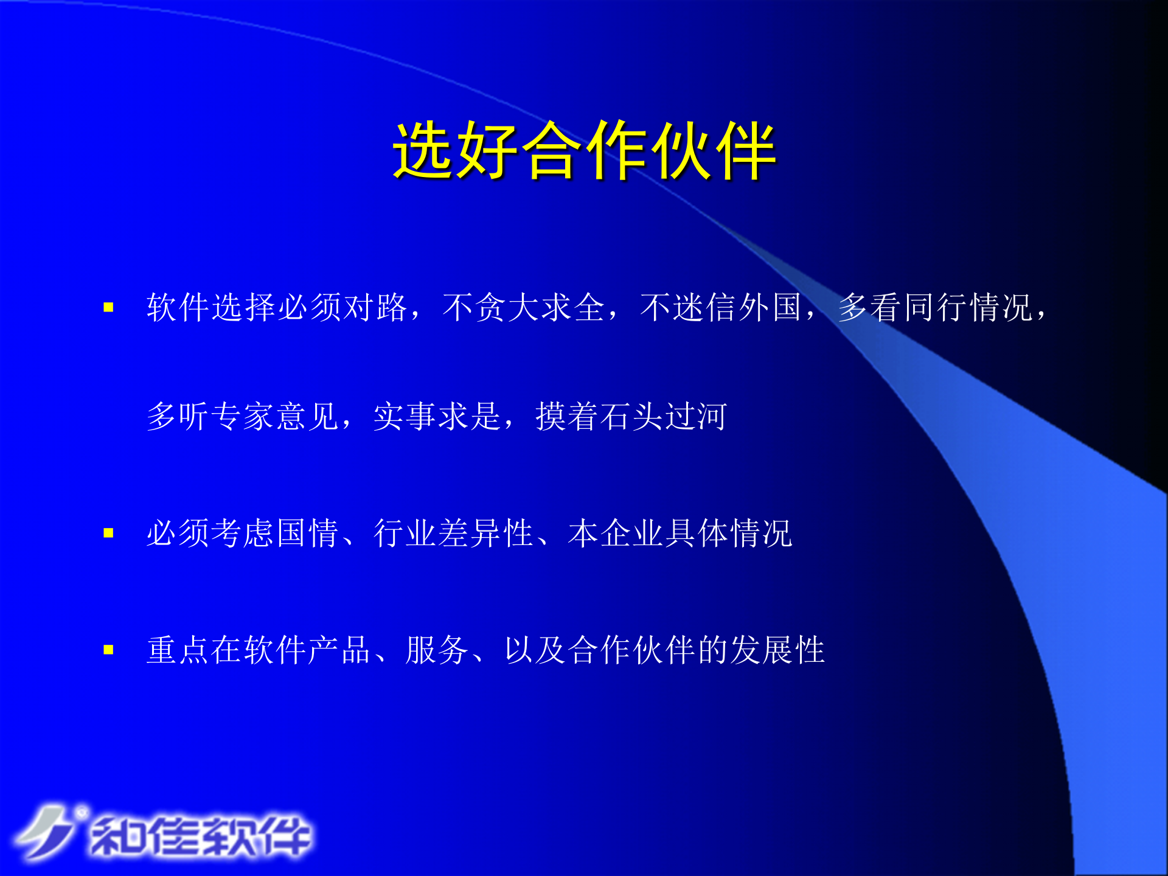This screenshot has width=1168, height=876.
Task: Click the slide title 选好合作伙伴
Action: pyautogui.click(x=584, y=150)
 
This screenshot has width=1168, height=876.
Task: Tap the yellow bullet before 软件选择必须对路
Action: pyautogui.click(x=109, y=308)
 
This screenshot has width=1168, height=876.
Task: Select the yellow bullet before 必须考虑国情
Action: pyautogui.click(x=109, y=534)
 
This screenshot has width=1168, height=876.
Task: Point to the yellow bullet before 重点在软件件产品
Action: pyautogui.click(x=109, y=650)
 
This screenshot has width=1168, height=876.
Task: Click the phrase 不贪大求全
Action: pyautogui.click(x=523, y=307)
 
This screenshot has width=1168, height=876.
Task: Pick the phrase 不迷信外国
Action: pyautogui.click(x=721, y=307)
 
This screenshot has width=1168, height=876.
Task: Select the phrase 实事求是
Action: pyautogui.click(x=437, y=417)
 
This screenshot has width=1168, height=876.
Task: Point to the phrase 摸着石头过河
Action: pyautogui.click(x=631, y=417)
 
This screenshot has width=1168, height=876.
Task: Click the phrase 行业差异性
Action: pyautogui.click(x=453, y=534)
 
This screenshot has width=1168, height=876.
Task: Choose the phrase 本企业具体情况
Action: pyautogui.click(x=680, y=534)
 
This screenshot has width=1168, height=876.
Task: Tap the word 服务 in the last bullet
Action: pyautogui.click(x=437, y=650)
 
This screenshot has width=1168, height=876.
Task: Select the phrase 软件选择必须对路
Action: pyautogui.click(x=277, y=307)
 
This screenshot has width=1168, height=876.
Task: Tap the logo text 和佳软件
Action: pyautogui.click(x=201, y=836)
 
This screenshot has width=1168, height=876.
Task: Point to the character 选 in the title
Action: pyautogui.click(x=424, y=150)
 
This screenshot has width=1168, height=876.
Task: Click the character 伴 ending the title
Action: pyautogui.click(x=746, y=150)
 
